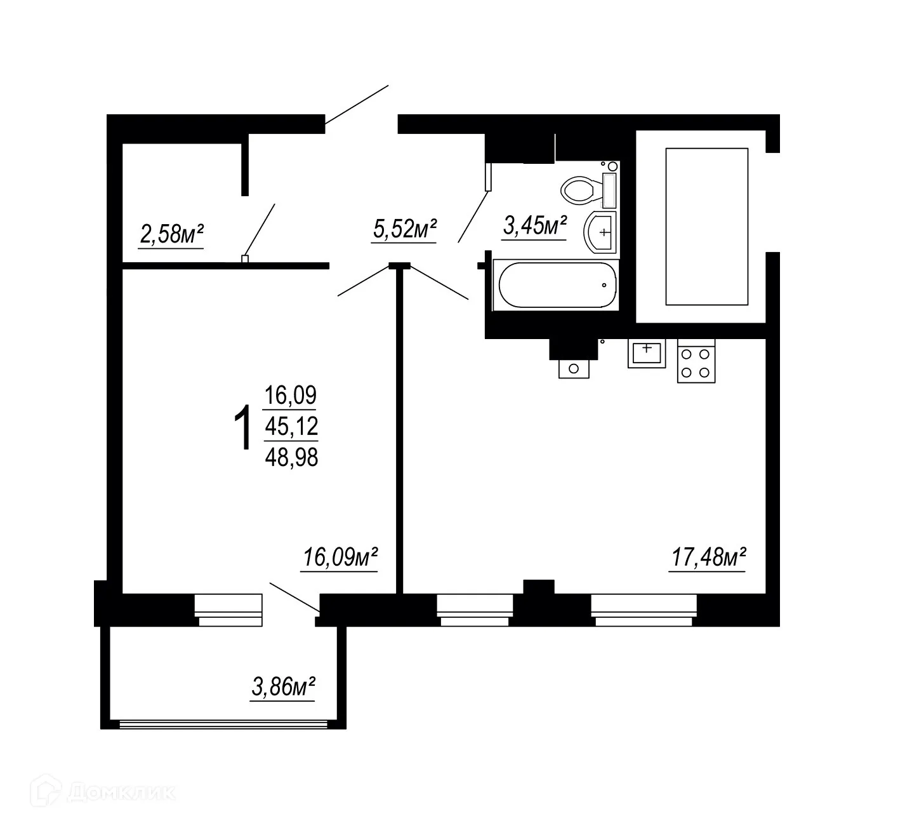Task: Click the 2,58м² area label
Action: pyautogui.click(x=171, y=235)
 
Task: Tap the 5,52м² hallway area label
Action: pyautogui.click(x=404, y=229)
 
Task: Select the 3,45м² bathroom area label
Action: pyautogui.click(x=534, y=225)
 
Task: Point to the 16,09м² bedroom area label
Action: pyautogui.click(x=340, y=558)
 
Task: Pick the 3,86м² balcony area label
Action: pyautogui.click(x=284, y=686)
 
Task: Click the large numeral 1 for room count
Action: pyautogui.click(x=243, y=430)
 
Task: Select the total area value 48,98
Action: pyautogui.click(x=291, y=457)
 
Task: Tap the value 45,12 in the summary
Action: pyautogui.click(x=291, y=426)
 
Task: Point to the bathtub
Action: pyautogui.click(x=557, y=285)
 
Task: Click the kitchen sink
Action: pyautogui.click(x=647, y=352)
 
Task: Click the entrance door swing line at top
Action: pyautogui.click(x=356, y=103)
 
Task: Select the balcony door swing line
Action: pyautogui.click(x=294, y=597)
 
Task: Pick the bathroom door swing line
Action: pyautogui.click(x=473, y=216)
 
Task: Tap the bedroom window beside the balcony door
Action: pyautogui.click(x=228, y=610)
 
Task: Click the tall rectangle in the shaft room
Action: pyautogui.click(x=706, y=227)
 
